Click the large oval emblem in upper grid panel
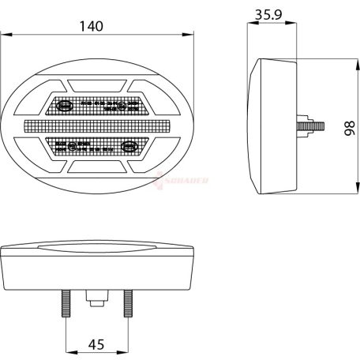tap(66, 104)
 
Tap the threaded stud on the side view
tap(308, 126)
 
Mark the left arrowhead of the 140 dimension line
tap(5, 35)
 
